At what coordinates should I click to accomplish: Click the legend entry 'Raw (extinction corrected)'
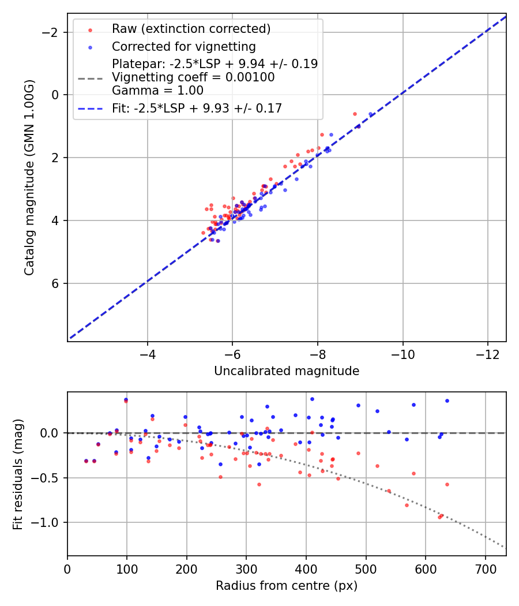[191, 29]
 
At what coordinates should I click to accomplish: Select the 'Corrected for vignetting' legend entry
[183, 46]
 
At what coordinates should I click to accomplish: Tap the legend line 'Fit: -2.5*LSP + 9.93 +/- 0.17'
[197, 108]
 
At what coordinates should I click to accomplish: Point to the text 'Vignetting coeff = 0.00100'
[193, 77]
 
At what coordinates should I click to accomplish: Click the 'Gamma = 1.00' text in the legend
[157, 90]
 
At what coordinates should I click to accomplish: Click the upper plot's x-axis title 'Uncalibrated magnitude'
[287, 371]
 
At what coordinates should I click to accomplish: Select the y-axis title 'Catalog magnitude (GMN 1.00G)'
[30, 177]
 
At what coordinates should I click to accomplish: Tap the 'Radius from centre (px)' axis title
[287, 586]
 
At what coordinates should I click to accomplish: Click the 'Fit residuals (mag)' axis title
[18, 474]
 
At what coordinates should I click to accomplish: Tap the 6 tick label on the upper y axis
[55, 283]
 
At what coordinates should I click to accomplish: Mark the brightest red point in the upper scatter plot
[355, 114]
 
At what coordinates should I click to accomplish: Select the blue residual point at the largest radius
[447, 401]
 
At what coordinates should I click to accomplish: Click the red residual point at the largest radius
[447, 484]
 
